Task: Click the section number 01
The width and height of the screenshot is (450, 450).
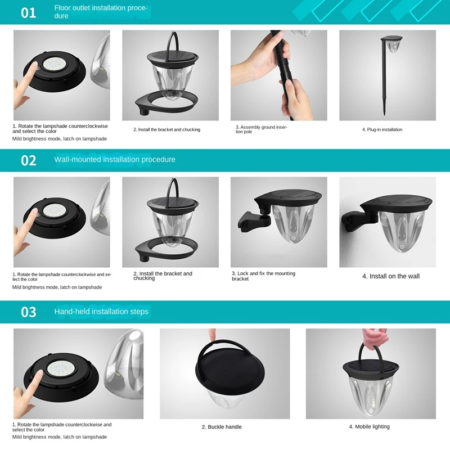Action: click(x=29, y=13)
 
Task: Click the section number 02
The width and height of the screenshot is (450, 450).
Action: click(x=29, y=160)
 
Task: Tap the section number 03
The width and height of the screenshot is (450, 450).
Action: click(x=29, y=312)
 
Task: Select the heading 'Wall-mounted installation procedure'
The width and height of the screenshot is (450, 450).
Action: click(x=115, y=160)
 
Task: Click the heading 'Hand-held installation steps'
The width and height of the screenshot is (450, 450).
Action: click(x=101, y=312)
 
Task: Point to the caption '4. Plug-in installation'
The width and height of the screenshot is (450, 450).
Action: click(x=382, y=130)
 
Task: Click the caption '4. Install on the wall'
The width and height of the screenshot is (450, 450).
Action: click(x=391, y=276)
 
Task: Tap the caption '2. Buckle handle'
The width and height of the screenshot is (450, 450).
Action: click(x=222, y=427)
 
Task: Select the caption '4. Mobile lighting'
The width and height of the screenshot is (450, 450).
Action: click(x=370, y=427)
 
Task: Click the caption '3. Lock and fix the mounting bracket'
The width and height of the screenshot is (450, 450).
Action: click(x=263, y=276)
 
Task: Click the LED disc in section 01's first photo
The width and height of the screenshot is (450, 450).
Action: click(x=54, y=65)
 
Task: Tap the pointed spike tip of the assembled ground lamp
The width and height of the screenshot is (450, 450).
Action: click(x=384, y=114)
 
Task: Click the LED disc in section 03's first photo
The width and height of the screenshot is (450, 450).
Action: click(x=60, y=370)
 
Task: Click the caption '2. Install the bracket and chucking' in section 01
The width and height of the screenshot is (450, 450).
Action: click(x=166, y=130)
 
